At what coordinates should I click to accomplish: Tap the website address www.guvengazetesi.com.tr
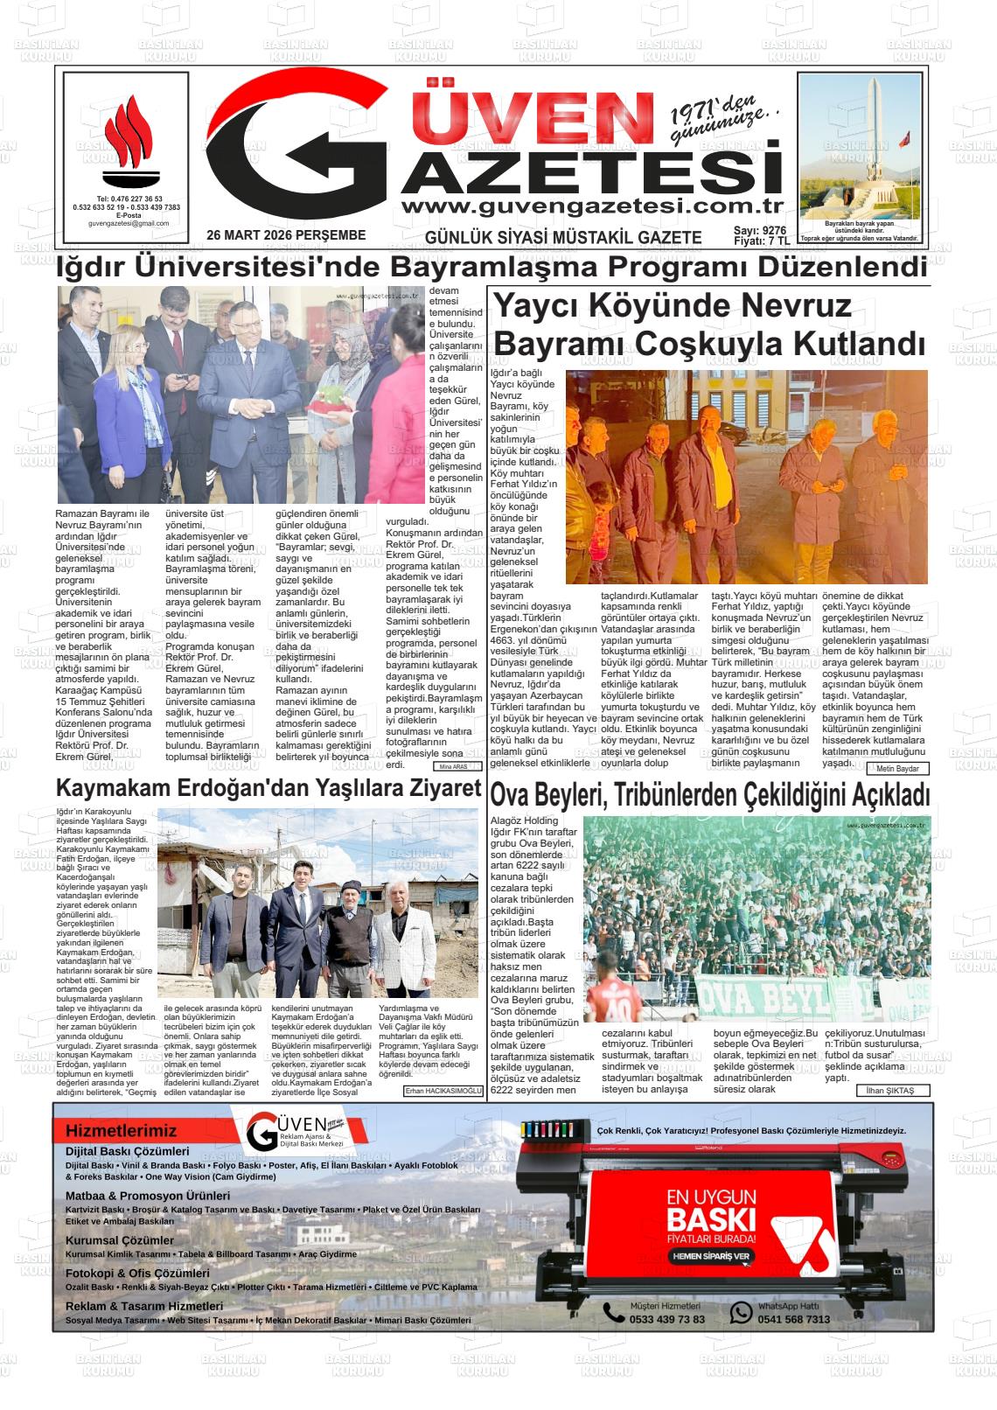(590, 206)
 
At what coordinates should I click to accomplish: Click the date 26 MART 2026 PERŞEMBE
(286, 235)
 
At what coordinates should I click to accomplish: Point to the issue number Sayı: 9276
(760, 230)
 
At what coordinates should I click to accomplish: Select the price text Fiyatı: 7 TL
(761, 241)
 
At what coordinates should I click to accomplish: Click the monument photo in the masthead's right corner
(860, 146)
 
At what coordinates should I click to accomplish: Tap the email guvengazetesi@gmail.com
(129, 224)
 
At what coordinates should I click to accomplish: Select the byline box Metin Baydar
(897, 768)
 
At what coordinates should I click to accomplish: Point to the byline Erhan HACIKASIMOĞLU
(443, 1092)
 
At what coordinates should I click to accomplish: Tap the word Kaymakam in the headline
(107, 788)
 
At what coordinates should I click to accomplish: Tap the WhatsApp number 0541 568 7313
(793, 1319)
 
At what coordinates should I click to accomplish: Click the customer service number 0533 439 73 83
(666, 1319)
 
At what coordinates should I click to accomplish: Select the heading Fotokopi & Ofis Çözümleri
(137, 1274)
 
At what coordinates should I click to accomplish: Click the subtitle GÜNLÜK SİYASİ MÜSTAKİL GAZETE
(563, 237)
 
